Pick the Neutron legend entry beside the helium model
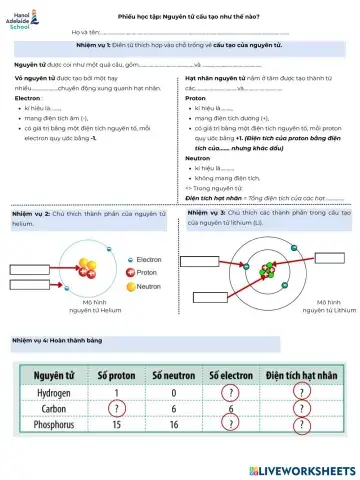(x=147, y=286)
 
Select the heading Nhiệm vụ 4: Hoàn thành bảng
(x=53, y=341)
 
